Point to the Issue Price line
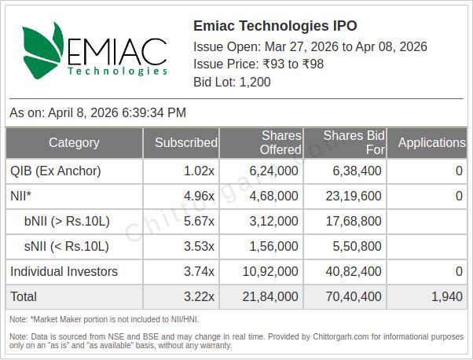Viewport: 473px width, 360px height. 258,64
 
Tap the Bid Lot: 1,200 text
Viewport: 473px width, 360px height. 232,83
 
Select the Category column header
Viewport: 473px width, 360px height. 74,143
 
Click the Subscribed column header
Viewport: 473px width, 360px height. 185,143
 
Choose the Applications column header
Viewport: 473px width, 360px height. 431,143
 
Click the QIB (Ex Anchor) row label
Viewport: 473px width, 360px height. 55,171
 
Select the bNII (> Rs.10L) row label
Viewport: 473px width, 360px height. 66,222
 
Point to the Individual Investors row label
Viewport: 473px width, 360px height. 64,272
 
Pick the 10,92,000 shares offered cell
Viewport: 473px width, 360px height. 273,272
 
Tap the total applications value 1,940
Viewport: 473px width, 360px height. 446,297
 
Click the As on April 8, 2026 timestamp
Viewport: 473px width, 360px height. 97,113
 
